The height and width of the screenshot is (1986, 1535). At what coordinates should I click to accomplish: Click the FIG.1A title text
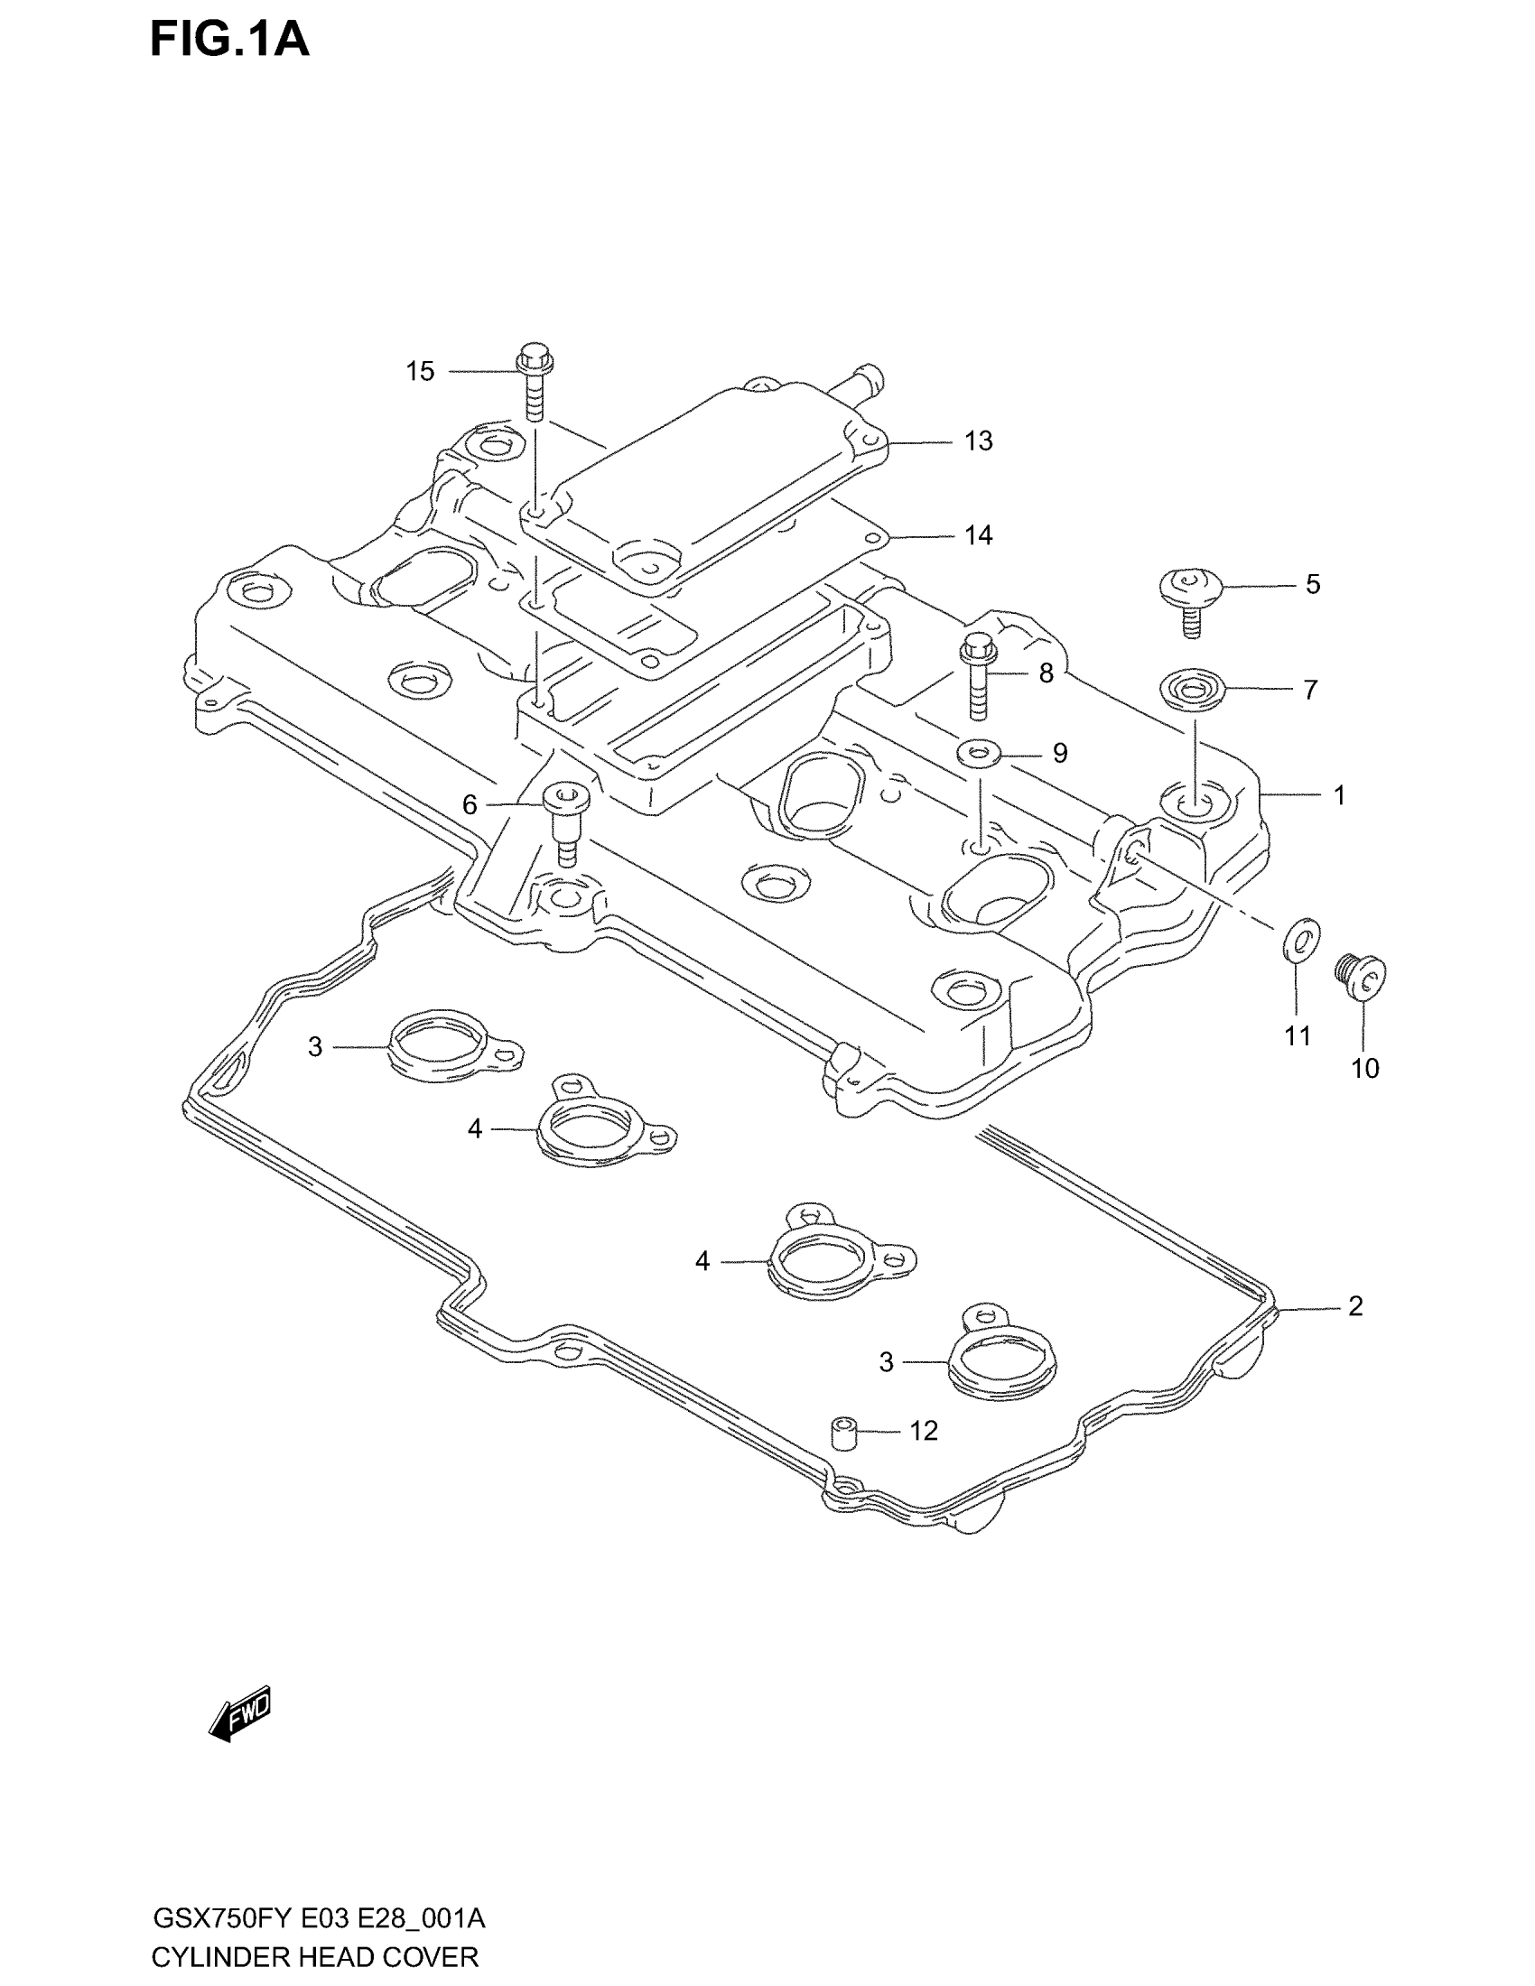[x=229, y=40]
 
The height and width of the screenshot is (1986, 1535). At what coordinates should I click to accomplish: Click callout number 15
[x=419, y=371]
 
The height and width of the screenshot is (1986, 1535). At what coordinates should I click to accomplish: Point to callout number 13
[x=979, y=441]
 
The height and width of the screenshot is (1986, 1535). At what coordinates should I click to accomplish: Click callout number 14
[x=979, y=535]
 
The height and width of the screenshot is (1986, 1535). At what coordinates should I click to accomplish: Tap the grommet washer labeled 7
[x=1193, y=689]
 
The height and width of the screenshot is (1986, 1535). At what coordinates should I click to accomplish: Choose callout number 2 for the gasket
[x=1355, y=1306]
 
